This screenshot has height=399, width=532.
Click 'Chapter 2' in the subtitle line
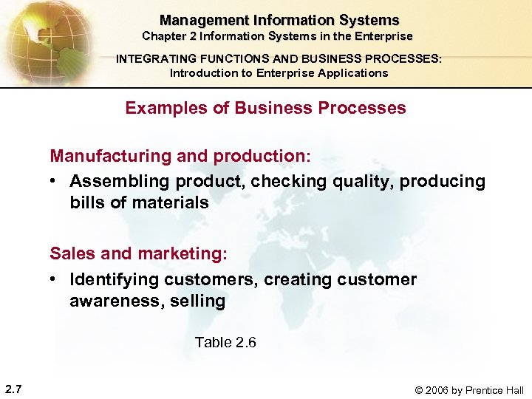coord(171,36)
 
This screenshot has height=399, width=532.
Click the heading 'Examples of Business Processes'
coord(265,108)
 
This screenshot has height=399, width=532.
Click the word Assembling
coord(120,181)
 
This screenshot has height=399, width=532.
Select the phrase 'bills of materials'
coord(139,202)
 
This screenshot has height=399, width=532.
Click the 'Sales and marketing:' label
coord(139,254)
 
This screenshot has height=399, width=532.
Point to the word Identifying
coord(115,279)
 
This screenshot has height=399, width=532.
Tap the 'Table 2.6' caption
coord(225,342)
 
